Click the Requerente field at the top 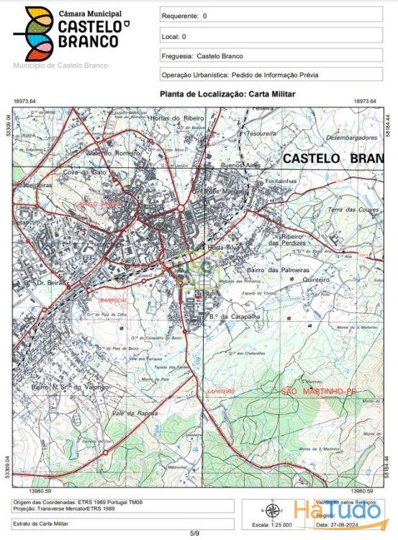point(270,15)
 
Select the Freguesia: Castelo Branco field point(270,55)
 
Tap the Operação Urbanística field point(270,75)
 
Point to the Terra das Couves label point(353,210)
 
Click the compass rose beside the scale point(272,511)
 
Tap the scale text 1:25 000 point(273,524)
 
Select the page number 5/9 point(194,533)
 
